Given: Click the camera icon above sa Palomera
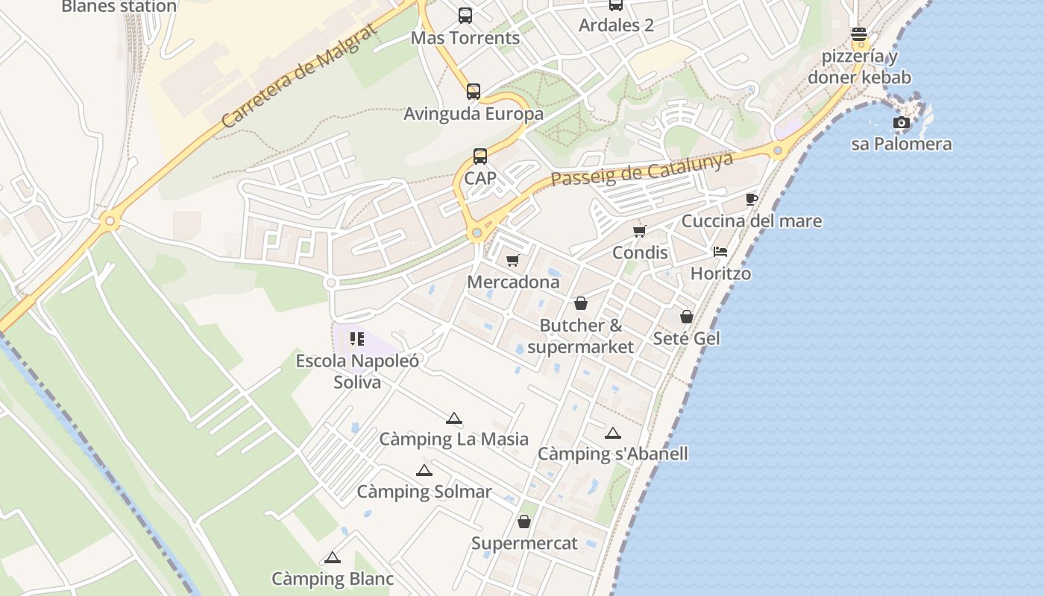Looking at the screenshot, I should coord(902,123).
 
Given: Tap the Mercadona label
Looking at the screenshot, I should coord(513,282).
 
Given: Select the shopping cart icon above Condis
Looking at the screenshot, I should coord(639,231).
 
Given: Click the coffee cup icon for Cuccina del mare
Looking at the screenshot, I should coord(751,200).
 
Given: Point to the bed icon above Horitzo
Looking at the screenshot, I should coord(720,252).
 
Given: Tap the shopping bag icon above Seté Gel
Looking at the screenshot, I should coord(687,317).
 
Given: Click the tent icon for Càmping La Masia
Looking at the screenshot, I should coord(453,419).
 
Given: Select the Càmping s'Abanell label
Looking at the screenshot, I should coord(613,454).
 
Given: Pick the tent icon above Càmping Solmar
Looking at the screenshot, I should coord(424,471).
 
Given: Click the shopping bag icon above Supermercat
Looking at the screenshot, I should coord(524,521).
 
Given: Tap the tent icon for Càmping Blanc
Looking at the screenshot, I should coord(333,557).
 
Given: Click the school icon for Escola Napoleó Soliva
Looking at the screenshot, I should coord(357,340).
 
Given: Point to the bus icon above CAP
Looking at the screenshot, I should coord(480,156).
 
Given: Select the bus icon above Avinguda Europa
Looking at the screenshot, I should coord(474,92).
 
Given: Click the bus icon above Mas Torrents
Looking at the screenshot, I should coord(465,15).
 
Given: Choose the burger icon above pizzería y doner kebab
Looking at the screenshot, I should coord(859,34).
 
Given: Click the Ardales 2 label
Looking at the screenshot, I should coord(616,25).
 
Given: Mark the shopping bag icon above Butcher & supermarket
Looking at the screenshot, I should coord(581,304).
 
